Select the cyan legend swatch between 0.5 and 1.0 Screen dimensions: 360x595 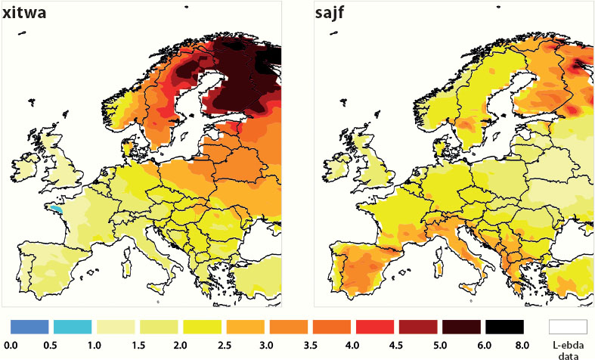[72, 326]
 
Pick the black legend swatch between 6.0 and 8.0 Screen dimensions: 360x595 [504, 326]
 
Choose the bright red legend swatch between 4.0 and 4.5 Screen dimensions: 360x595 [374, 326]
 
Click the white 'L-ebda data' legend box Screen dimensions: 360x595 [569, 326]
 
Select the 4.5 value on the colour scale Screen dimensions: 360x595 [396, 344]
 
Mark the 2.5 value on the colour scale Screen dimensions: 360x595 [224, 344]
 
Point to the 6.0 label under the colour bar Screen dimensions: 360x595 [482, 344]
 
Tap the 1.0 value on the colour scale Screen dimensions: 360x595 [94, 344]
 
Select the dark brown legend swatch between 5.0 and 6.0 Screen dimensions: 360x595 [461, 326]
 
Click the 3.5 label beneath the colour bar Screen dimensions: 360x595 [310, 344]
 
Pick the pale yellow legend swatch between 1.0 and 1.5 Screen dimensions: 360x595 [115, 326]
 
